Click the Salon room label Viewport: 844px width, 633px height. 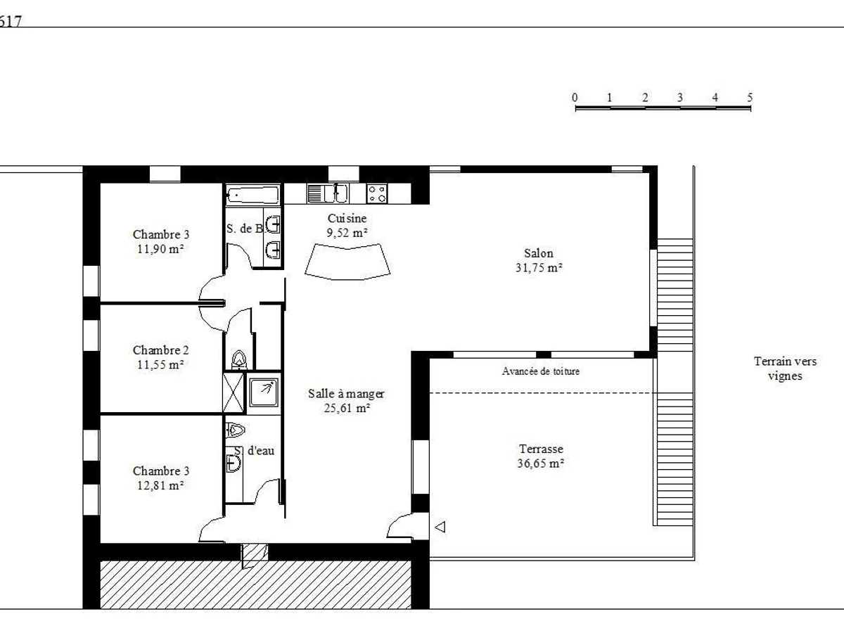coord(539,260)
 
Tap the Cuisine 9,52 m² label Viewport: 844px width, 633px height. coord(347,225)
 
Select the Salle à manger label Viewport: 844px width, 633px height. coord(346,400)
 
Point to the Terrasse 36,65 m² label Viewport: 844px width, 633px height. coord(541,456)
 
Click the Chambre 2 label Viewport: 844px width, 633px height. coord(161,357)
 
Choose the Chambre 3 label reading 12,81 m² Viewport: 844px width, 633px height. coord(161,478)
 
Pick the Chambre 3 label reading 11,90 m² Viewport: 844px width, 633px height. coord(161,241)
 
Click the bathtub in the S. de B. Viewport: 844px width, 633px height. coord(252,196)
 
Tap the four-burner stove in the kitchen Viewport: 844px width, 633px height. coord(377,193)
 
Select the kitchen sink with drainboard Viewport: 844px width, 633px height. coord(328,193)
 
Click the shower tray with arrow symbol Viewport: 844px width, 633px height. coord(263,392)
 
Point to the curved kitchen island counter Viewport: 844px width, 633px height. coord(347,262)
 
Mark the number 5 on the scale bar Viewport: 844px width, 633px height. coord(750,97)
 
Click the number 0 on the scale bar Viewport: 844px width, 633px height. coord(575,97)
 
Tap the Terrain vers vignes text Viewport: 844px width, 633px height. coord(785,369)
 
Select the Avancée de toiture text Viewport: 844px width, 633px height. coord(541,371)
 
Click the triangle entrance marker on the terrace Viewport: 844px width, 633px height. coord(440,527)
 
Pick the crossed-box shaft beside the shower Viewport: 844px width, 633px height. coord(234,392)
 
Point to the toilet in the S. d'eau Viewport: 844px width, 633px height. coord(236,430)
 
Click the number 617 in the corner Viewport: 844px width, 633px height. coord(10,21)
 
